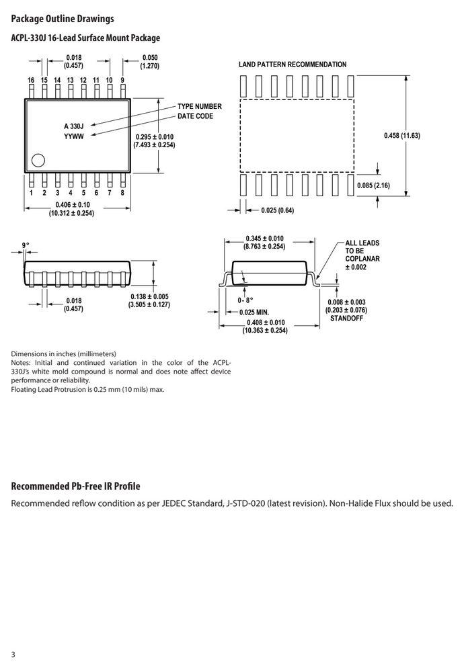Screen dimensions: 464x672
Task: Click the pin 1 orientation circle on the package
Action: click(38, 161)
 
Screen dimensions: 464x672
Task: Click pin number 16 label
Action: click(31, 80)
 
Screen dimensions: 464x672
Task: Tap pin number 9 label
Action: click(122, 80)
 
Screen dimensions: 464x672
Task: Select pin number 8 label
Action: click(122, 193)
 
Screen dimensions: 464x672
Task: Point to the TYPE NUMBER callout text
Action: click(200, 106)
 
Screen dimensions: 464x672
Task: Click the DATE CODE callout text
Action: click(195, 116)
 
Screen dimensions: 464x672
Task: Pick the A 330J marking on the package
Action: click(74, 126)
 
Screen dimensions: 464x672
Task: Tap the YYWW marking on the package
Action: click(74, 136)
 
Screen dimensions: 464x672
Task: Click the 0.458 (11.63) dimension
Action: click(402, 136)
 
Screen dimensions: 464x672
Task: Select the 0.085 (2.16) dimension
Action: click(373, 185)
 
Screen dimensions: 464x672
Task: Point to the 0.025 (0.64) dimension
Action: click(278, 210)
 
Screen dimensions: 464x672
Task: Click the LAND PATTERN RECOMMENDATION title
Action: click(293, 65)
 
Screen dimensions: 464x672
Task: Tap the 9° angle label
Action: click(26, 245)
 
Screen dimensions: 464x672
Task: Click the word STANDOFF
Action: click(346, 319)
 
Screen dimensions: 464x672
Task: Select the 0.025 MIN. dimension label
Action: click(254, 312)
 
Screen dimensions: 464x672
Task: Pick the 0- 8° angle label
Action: click(245, 300)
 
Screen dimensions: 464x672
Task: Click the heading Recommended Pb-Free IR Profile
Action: click(75, 486)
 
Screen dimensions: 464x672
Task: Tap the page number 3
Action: click(13, 655)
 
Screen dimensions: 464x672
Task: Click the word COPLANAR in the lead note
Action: click(362, 259)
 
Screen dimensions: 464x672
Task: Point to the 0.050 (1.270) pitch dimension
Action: click(150, 62)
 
